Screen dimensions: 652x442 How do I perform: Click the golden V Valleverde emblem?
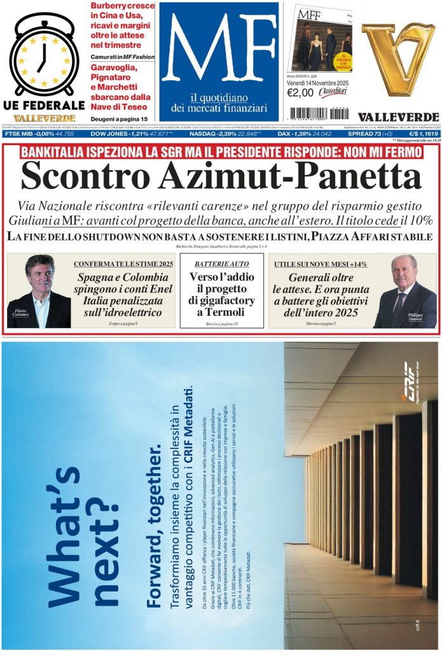pyautogui.click(x=398, y=58)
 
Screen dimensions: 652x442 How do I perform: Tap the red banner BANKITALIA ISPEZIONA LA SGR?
pyautogui.click(x=221, y=152)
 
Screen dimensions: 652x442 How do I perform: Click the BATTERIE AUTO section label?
pyautogui.click(x=221, y=264)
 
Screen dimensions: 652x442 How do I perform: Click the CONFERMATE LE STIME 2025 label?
pyautogui.click(x=123, y=264)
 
